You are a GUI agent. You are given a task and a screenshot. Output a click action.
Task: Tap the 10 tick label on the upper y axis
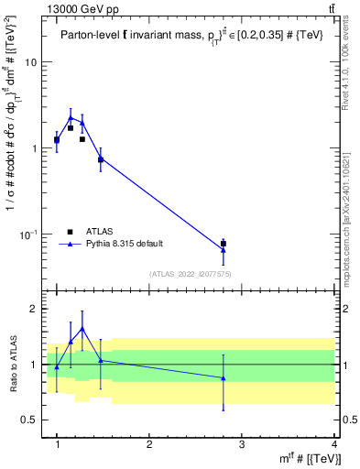(30, 62)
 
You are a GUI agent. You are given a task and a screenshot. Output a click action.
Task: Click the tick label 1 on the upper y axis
(33, 148)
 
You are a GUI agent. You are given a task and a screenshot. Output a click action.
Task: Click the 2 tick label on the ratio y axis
(33, 310)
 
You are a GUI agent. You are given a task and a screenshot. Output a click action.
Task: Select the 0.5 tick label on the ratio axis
(28, 420)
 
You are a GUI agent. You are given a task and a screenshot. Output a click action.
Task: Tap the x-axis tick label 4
(334, 444)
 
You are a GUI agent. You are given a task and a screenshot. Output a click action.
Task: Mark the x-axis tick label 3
(242, 444)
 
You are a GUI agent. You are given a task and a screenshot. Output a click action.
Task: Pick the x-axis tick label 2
(149, 444)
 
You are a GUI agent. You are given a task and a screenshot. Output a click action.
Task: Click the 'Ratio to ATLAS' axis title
(11, 365)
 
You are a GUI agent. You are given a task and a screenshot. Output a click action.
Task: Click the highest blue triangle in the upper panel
(71, 117)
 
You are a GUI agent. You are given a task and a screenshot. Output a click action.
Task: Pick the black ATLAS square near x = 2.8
(224, 244)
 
